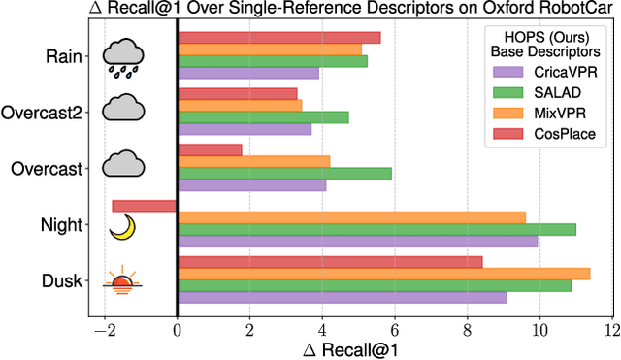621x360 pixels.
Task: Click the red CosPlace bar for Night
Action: pos(145,206)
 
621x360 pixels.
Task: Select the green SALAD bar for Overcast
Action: pos(284,173)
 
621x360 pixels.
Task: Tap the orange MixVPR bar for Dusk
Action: pos(384,274)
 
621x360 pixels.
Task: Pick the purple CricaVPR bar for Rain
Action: pos(248,73)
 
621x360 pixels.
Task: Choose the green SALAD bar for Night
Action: pos(376,229)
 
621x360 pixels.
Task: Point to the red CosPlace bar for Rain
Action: pos(278,38)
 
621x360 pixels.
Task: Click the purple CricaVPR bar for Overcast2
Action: pos(245,129)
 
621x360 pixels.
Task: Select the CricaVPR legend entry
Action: pos(562,71)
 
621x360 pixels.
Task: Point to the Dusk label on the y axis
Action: pos(63,280)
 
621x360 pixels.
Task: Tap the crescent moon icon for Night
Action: pos(122,227)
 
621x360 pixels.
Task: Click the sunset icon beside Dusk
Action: pos(123,283)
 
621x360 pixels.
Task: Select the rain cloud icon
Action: pos(123,58)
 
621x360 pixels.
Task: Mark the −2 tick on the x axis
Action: pos(100,329)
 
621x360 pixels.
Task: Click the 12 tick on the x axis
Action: pos(610,329)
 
